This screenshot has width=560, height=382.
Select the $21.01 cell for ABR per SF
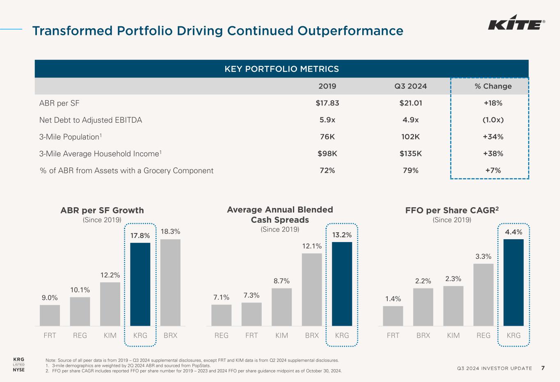point(410,103)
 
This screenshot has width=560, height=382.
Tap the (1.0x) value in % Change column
point(493,120)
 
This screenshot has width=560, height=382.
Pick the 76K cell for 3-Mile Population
point(327,137)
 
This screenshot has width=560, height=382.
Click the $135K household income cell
point(410,153)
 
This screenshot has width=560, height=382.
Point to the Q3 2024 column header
point(410,86)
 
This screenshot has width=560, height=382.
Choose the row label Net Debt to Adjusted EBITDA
point(91,120)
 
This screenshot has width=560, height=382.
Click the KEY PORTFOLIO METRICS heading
point(281,69)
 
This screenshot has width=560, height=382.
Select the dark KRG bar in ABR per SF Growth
point(140,284)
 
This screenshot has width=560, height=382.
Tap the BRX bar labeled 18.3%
point(170,282)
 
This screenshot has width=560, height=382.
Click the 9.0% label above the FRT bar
point(50,298)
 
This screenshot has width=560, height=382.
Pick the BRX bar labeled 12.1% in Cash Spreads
point(312,289)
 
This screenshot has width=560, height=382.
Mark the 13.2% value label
point(342,235)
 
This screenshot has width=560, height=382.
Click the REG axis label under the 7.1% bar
point(222,335)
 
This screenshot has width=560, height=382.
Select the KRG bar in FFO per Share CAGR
point(513,282)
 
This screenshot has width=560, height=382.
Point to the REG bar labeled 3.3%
point(483,295)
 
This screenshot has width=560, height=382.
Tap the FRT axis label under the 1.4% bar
point(393,335)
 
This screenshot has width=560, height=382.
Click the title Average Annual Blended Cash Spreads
point(280,215)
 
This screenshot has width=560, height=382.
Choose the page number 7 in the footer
point(543,368)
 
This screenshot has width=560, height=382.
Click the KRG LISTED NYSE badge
point(18,364)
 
